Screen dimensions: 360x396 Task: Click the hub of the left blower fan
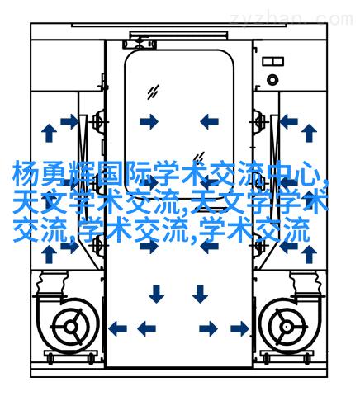(71, 327)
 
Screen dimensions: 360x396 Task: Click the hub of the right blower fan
(287, 327)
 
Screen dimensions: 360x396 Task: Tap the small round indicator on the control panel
(272, 80)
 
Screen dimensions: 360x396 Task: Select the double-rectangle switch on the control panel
(272, 61)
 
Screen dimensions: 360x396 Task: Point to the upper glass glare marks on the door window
(153, 92)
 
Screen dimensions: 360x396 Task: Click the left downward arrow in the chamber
(156, 294)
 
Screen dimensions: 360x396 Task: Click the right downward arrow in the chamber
(200, 294)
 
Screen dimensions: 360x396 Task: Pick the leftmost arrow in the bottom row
(117, 328)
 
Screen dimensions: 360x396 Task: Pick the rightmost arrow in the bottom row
(240, 328)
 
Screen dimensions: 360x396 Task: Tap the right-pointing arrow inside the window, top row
(149, 121)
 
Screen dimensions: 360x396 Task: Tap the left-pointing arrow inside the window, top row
(209, 121)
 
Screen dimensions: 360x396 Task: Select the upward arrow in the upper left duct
(49, 133)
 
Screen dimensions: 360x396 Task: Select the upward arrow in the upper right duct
(309, 133)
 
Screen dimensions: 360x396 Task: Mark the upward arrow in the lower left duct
(49, 254)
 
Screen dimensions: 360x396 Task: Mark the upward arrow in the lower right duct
(309, 254)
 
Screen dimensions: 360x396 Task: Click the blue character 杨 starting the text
(26, 175)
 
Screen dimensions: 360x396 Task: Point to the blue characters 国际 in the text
(124, 175)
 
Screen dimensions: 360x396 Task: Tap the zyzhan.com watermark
(291, 19)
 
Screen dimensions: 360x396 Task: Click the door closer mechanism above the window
(140, 44)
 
